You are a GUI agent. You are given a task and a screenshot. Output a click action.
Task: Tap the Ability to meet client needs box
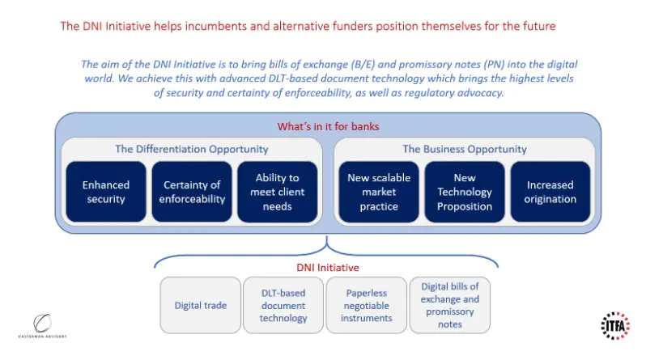[277, 192]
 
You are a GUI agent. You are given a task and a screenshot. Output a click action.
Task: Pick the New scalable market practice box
[379, 192]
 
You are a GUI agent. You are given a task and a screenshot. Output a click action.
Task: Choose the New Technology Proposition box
[465, 192]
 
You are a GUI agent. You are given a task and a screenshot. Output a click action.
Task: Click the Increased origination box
[550, 192]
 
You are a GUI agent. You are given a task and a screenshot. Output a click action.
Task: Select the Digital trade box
[200, 305]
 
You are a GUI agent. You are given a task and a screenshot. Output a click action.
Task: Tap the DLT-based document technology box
[283, 305]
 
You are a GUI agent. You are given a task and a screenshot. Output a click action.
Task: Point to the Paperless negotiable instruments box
[366, 305]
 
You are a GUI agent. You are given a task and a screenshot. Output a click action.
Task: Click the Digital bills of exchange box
[450, 305]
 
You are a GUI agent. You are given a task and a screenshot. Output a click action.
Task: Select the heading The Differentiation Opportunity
[191, 149]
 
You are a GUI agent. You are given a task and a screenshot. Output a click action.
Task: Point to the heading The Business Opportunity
[465, 149]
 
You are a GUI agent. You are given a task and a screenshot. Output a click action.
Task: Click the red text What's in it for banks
[329, 126]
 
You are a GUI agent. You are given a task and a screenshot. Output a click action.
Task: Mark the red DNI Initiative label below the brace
[326, 266]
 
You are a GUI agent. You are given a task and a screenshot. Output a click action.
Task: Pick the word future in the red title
[538, 26]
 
